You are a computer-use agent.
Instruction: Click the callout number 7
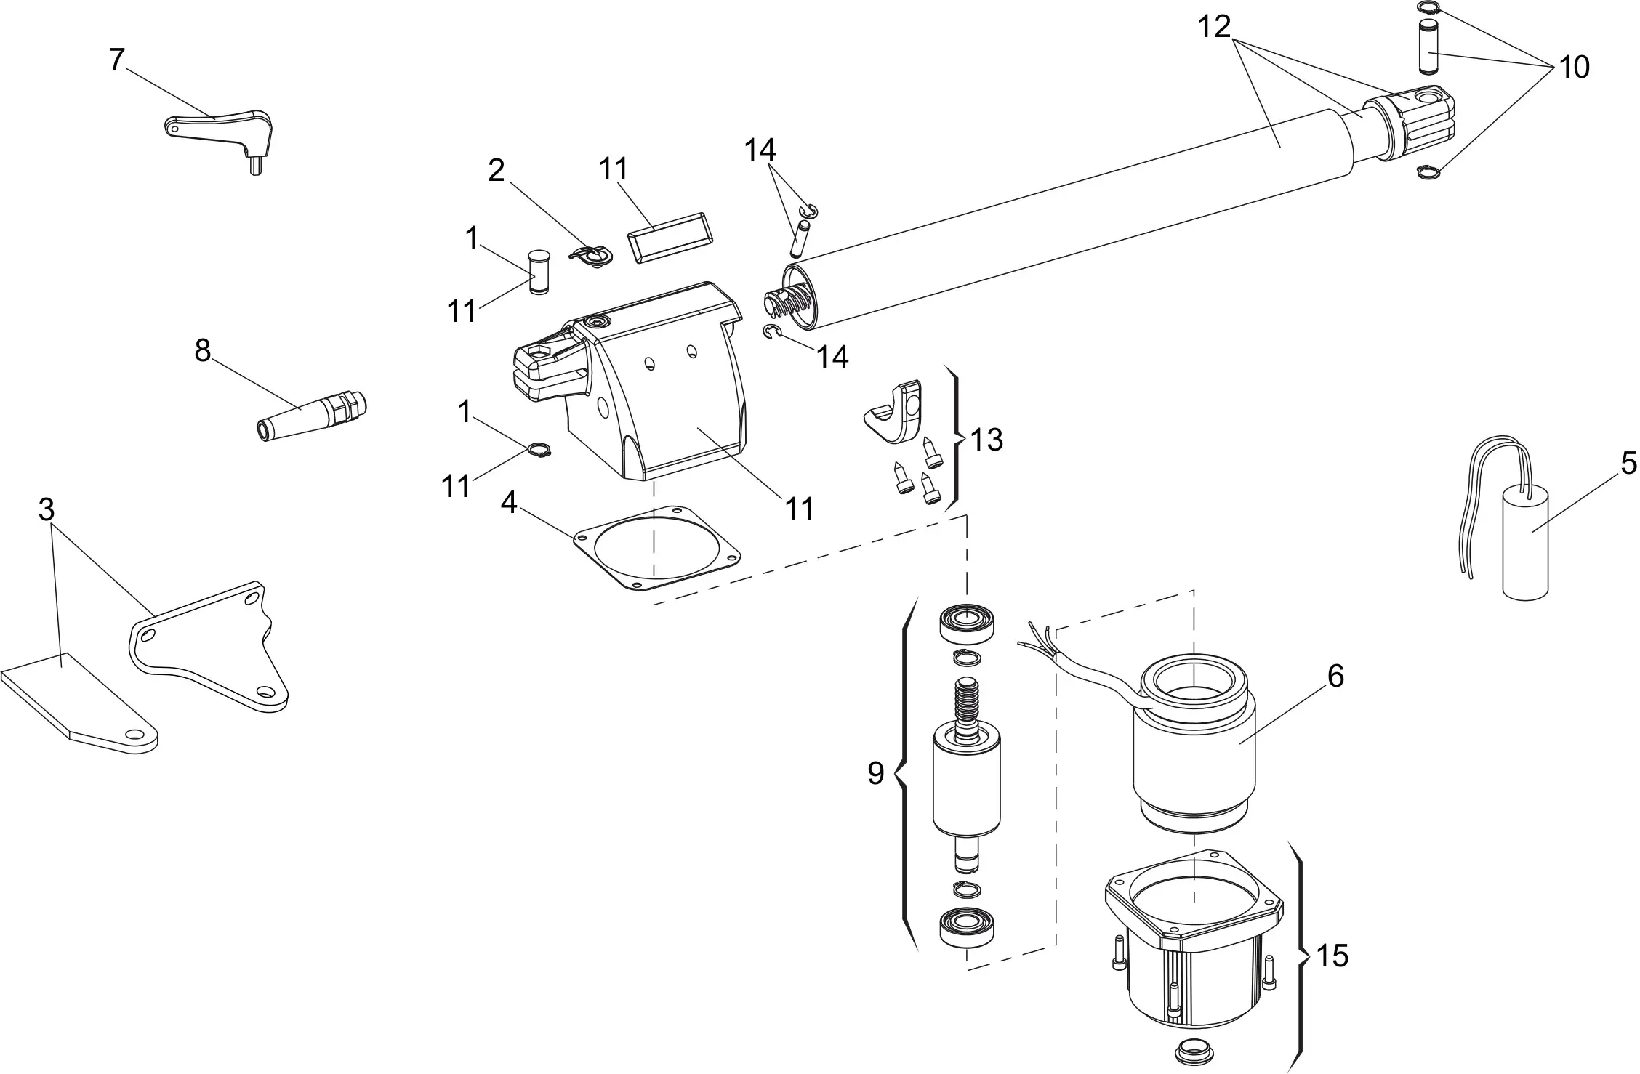[117, 60]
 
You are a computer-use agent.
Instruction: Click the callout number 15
[1332, 956]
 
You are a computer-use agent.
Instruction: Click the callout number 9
[875, 774]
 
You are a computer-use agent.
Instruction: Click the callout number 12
[1213, 27]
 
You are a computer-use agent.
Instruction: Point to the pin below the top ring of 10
[1429, 46]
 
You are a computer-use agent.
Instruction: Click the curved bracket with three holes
[211, 647]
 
